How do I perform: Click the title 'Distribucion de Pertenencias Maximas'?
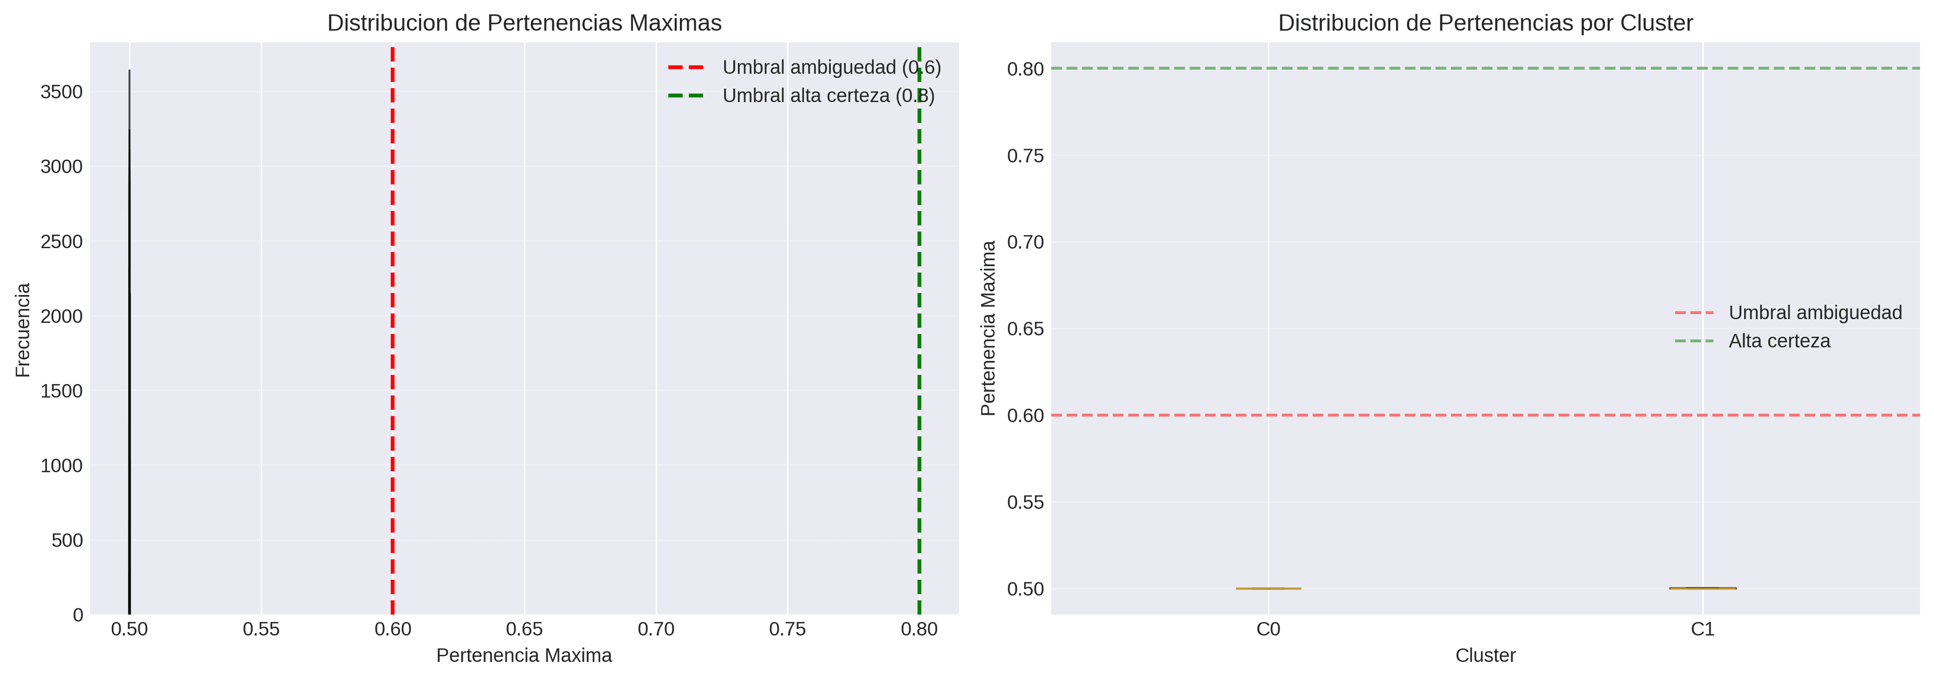[x=524, y=23]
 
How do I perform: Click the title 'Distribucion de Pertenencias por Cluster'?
[x=1485, y=23]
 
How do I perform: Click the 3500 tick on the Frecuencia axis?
[x=61, y=92]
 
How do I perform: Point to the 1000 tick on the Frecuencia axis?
[x=61, y=466]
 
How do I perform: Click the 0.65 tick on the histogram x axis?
[x=524, y=630]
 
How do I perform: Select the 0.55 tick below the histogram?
[x=261, y=630]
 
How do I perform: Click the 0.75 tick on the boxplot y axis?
[x=1025, y=156]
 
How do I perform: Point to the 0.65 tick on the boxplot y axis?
[x=1025, y=329]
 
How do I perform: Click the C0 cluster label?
[x=1268, y=630]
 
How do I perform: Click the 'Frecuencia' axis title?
[x=23, y=330]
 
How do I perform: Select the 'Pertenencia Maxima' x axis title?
[x=524, y=656]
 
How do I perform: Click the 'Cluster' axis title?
[x=1485, y=656]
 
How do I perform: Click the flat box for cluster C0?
[x=1268, y=588]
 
